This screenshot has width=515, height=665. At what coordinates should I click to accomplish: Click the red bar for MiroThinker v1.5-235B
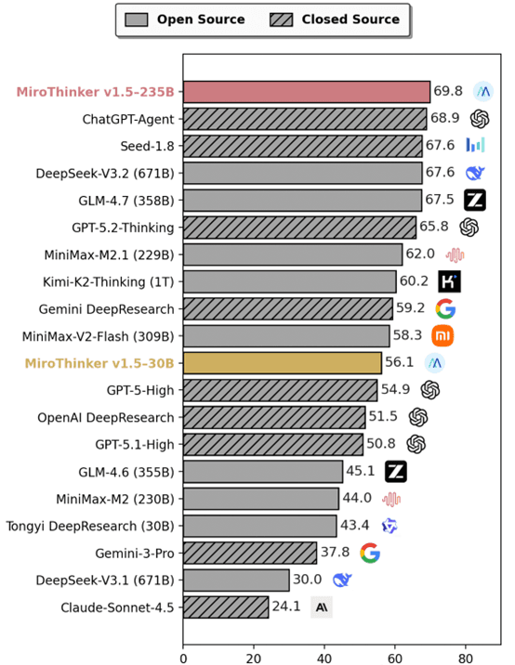click(x=306, y=91)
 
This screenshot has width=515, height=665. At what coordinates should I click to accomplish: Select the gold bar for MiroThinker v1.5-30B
click(x=282, y=362)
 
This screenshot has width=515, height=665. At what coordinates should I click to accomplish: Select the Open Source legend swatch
click(x=136, y=19)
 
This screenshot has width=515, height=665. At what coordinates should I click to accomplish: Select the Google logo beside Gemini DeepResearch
click(x=445, y=308)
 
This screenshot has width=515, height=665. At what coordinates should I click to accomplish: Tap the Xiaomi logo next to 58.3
click(x=442, y=335)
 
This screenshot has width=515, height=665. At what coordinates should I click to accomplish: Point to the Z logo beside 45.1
click(x=396, y=471)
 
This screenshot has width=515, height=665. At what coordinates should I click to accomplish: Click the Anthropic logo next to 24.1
click(x=322, y=607)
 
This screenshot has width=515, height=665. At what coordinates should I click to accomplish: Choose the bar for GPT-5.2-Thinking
click(x=299, y=227)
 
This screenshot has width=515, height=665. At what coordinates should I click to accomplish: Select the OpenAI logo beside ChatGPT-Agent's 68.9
click(x=480, y=119)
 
